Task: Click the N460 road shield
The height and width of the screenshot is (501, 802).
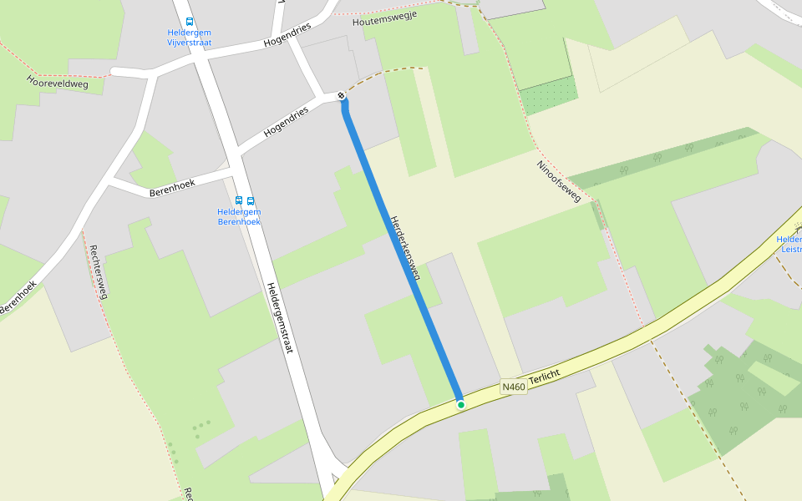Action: (514, 387)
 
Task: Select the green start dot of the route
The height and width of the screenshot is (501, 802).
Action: (460, 405)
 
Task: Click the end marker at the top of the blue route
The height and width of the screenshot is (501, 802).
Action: (342, 96)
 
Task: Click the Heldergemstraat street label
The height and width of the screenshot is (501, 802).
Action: (280, 316)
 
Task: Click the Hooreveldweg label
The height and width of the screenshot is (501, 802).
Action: (58, 82)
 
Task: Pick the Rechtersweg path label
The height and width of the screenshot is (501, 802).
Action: (99, 271)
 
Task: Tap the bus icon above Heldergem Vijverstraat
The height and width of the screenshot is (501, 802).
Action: (190, 22)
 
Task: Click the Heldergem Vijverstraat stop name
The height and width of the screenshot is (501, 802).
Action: (190, 38)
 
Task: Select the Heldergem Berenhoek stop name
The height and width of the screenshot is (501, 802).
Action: (239, 217)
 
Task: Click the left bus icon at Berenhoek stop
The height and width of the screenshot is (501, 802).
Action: (239, 200)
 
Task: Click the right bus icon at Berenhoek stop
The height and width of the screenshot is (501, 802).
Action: (251, 200)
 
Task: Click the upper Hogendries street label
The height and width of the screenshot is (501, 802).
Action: (287, 34)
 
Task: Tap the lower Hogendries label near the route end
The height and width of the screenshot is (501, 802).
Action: (287, 121)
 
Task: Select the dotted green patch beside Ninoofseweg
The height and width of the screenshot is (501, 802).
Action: (548, 94)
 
